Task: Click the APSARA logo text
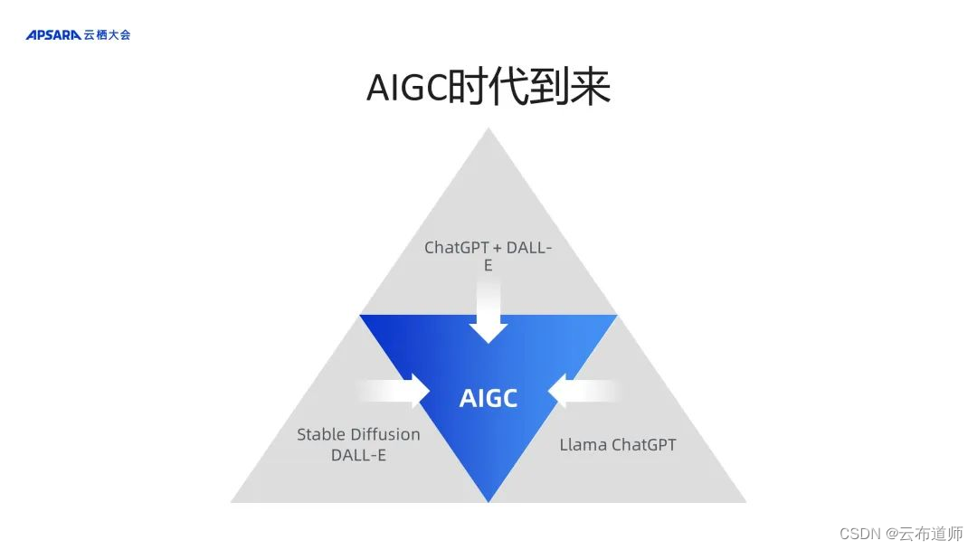click(53, 35)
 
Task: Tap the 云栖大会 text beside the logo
click(108, 35)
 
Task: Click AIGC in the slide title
click(406, 88)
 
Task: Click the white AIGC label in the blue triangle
click(488, 398)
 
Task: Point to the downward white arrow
click(488, 312)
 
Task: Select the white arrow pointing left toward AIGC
click(583, 391)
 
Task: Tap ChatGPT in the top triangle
click(456, 247)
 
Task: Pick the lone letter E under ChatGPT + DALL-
click(488, 266)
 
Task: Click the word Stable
click(322, 434)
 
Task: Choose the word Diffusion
click(386, 434)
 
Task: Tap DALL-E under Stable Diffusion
click(358, 455)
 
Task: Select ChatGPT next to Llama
click(644, 444)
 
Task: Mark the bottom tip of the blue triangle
click(488, 499)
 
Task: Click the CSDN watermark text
click(860, 533)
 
